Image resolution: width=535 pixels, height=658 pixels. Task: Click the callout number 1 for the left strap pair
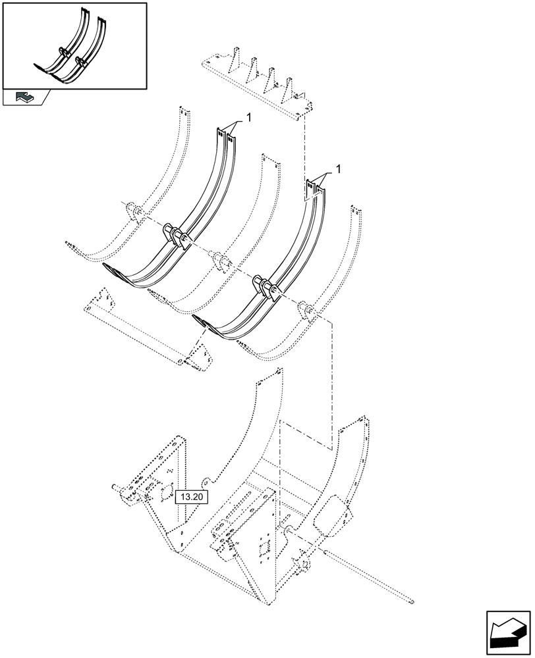pyautogui.click(x=249, y=117)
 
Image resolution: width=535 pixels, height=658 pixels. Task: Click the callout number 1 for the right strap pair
pyautogui.click(x=339, y=170)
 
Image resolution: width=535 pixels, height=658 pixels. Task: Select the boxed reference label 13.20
pyautogui.click(x=190, y=497)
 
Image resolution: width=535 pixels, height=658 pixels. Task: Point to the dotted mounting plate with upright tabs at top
pyautogui.click(x=257, y=82)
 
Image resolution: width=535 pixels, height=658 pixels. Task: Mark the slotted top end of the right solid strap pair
pyautogui.click(x=314, y=188)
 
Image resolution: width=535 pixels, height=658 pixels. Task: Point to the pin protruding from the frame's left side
pyautogui.click(x=118, y=488)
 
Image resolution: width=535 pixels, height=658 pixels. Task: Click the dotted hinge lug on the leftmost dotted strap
pyautogui.click(x=133, y=213)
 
